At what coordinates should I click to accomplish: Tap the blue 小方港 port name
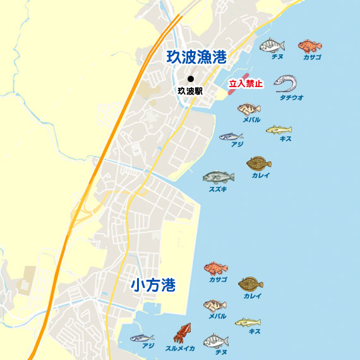pos(153,285)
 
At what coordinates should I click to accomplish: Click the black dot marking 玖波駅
pos(190,79)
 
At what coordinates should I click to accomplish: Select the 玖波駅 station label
pos(190,91)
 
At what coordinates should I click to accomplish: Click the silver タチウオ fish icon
pos(285,83)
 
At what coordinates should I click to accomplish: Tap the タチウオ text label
pos(292,98)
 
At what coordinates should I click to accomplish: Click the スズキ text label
pos(219,189)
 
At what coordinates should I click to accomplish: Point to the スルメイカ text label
pos(180,348)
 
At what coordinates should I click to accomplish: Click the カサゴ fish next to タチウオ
pos(309,45)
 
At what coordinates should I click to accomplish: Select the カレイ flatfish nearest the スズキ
pos(259,164)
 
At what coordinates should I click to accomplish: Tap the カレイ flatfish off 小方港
pos(251,284)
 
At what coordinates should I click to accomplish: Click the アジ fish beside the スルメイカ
pos(142,337)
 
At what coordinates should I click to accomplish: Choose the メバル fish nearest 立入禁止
pos(249,109)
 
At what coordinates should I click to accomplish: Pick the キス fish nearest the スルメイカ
pos(248,323)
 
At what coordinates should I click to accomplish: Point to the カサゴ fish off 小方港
pos(215,268)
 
